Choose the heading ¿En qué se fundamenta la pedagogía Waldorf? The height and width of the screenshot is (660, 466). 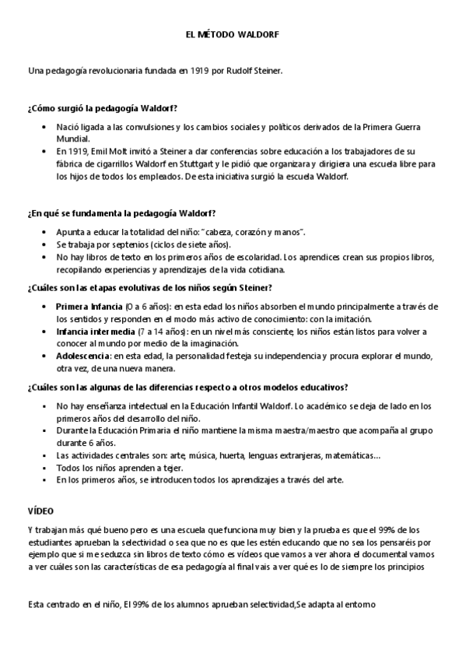121,212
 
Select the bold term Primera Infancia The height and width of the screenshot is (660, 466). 89,307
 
